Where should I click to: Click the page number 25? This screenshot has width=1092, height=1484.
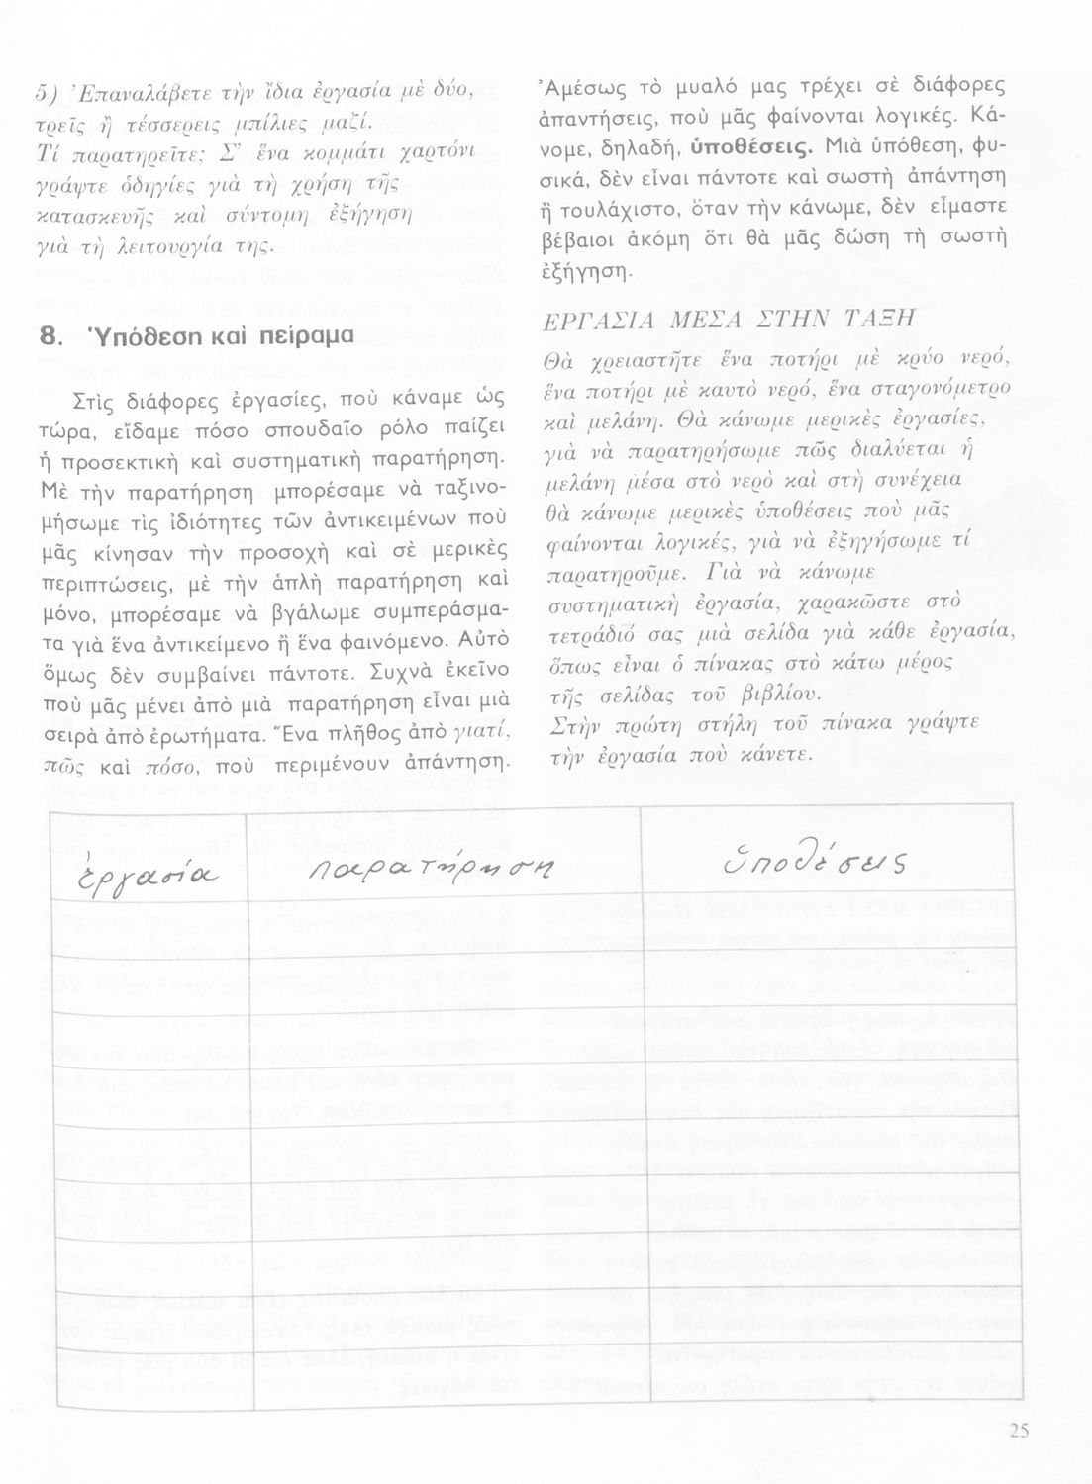[x=1020, y=1430]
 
